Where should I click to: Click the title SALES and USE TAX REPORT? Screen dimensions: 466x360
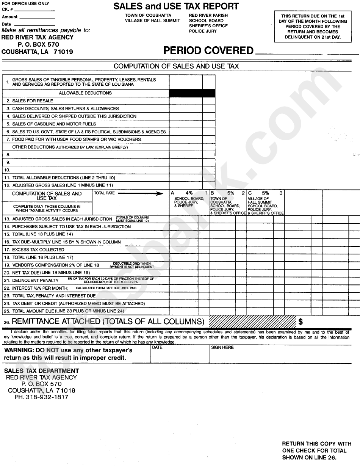(176, 6)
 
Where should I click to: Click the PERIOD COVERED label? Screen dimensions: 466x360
(208, 51)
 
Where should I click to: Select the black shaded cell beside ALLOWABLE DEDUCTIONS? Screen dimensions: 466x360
(192, 93)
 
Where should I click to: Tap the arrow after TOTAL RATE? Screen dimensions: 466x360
(144, 193)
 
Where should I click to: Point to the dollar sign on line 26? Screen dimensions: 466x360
(301, 322)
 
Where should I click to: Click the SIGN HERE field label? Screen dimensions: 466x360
(222, 347)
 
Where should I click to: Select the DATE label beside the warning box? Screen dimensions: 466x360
(157, 347)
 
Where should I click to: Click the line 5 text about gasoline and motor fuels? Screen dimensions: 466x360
(54, 124)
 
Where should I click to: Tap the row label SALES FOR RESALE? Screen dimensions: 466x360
(33, 101)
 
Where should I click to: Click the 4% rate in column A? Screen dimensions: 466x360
(189, 193)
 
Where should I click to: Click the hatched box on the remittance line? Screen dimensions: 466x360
(252, 322)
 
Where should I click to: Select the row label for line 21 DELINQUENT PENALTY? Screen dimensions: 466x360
(35, 281)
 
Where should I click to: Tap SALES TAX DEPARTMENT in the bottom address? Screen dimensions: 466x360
(42, 371)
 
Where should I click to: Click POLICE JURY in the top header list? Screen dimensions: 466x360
(203, 31)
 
